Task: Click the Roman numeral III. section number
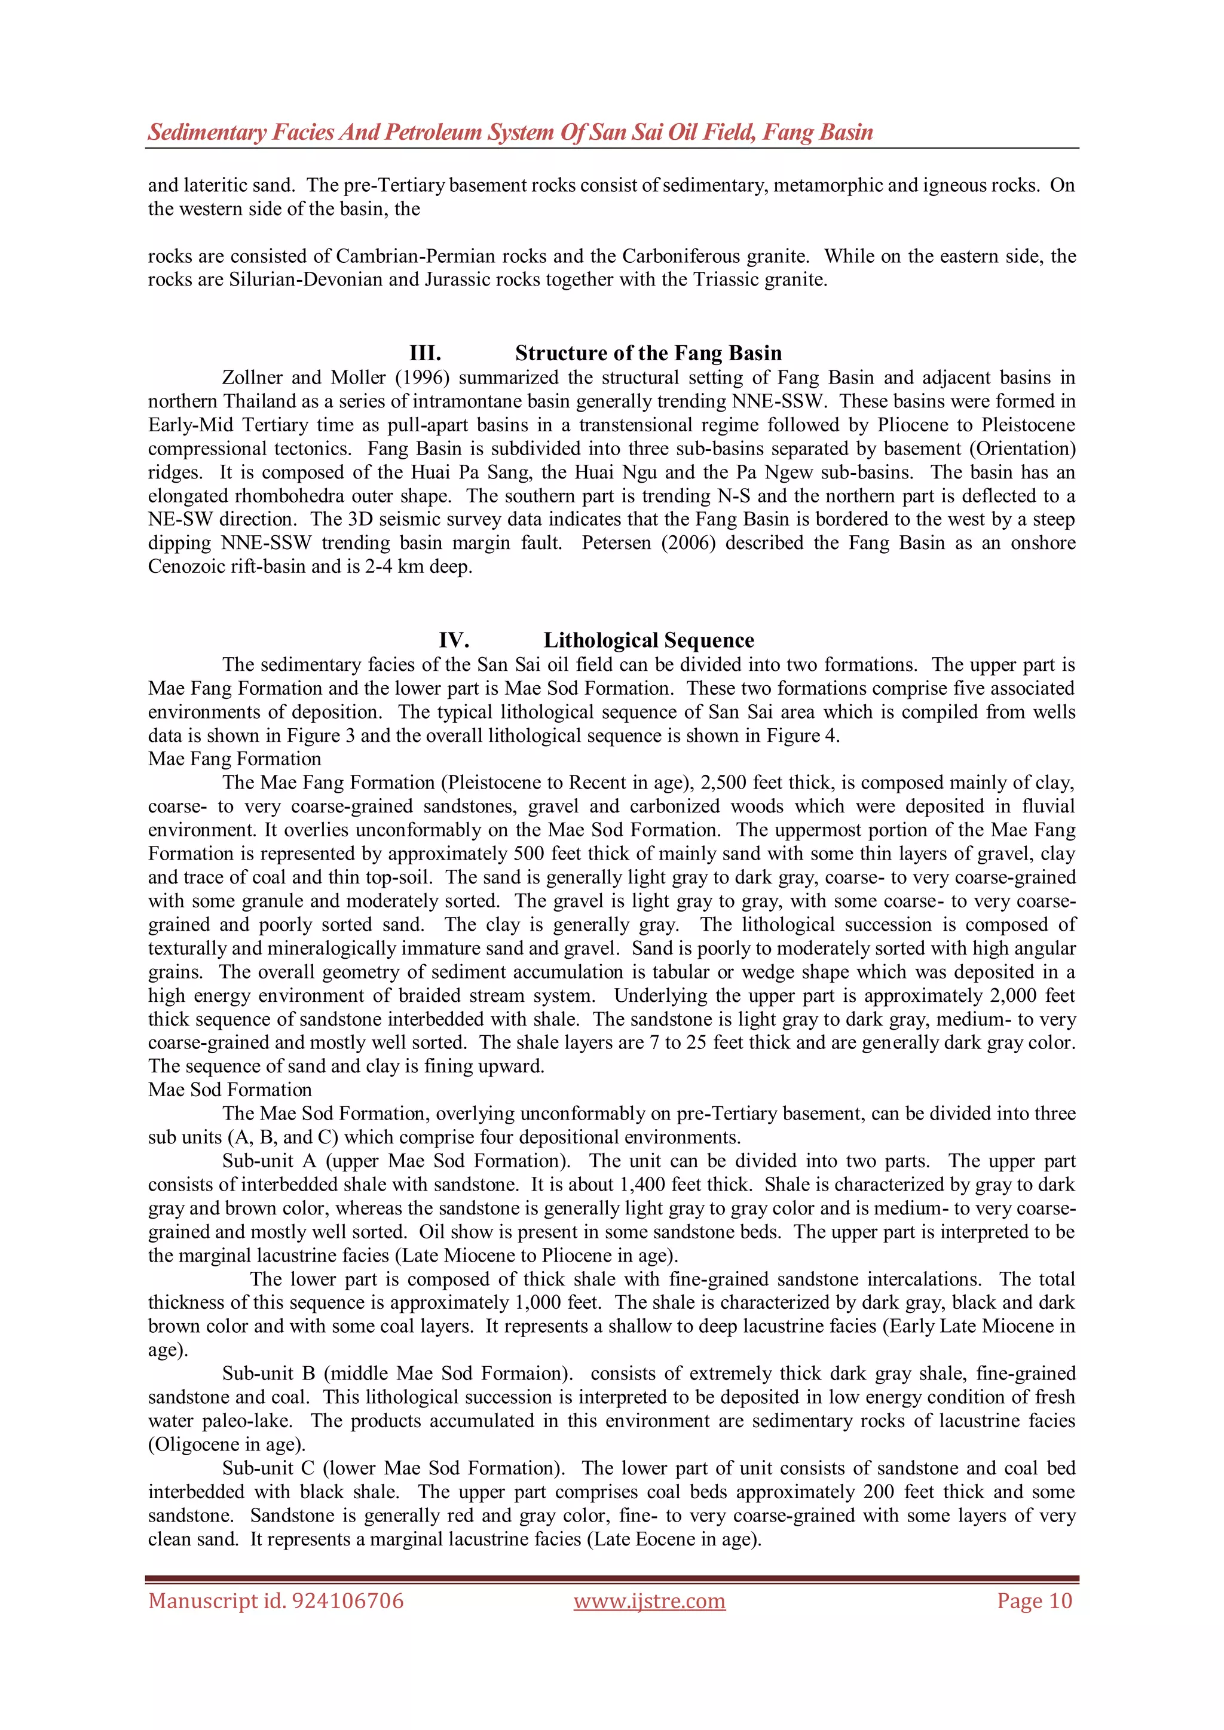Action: pyautogui.click(x=425, y=354)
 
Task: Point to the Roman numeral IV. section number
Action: pyautogui.click(x=454, y=640)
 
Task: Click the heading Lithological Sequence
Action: pyautogui.click(x=649, y=640)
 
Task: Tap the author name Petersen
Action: pyautogui.click(x=612, y=543)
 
